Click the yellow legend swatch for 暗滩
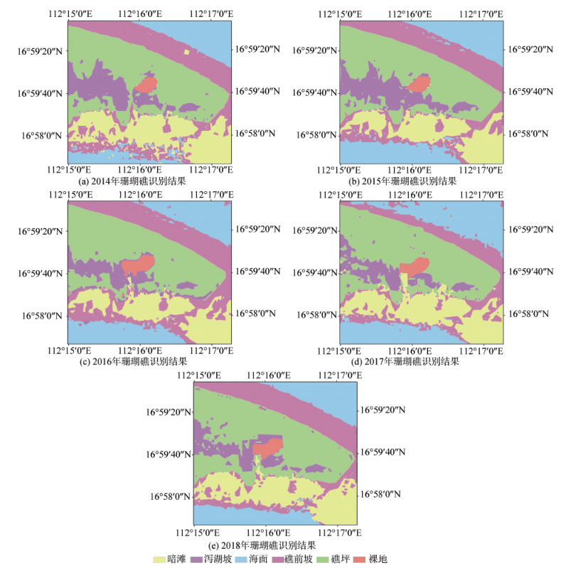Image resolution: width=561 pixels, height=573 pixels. coord(160,559)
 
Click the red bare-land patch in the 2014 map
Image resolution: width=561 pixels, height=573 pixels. coord(146,85)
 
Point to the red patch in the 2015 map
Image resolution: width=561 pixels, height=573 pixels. coord(419,83)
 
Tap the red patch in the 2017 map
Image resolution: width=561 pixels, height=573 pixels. coord(415,266)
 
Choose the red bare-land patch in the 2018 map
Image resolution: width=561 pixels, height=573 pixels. coord(268,447)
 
